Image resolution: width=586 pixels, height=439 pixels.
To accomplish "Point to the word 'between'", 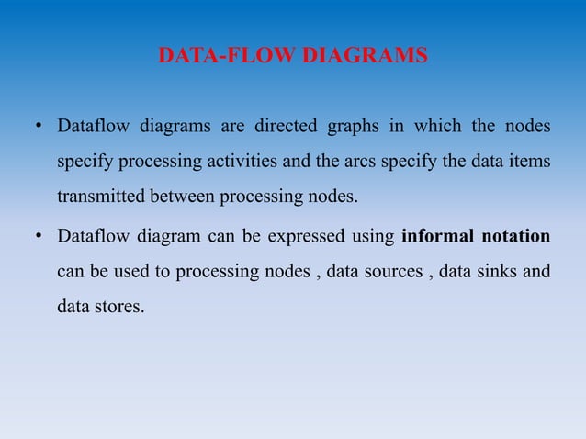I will (x=184, y=197).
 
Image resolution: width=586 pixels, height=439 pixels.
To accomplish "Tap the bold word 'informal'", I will (x=437, y=236).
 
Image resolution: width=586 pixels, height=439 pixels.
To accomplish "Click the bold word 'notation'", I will (x=516, y=236).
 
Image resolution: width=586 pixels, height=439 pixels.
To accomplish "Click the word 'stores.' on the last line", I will (x=122, y=308).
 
